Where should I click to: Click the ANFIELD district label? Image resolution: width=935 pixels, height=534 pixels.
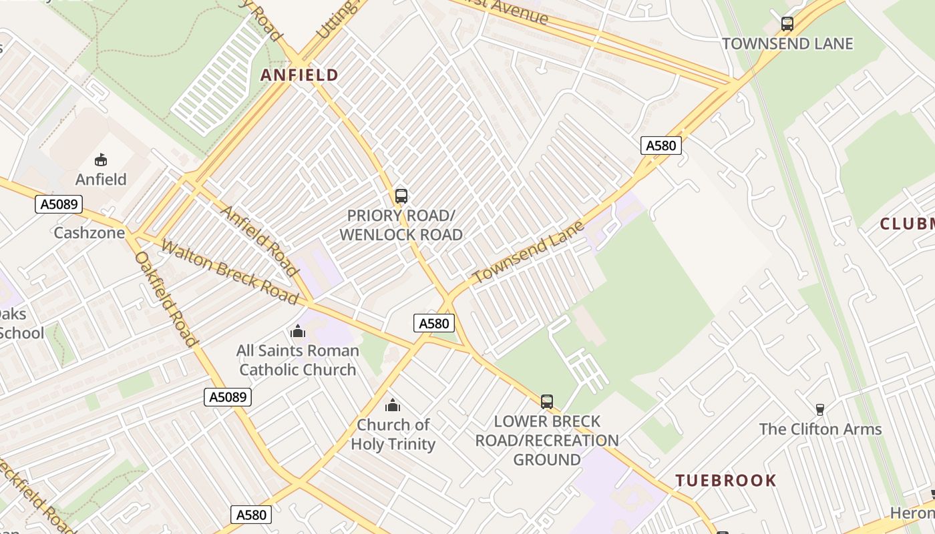coord(299,75)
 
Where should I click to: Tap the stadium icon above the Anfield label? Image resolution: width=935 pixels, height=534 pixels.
coord(101,160)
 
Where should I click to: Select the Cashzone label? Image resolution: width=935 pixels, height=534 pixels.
coord(89,233)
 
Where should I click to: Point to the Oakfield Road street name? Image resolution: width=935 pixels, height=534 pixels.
coord(166,298)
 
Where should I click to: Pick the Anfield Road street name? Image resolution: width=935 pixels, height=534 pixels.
coord(258,240)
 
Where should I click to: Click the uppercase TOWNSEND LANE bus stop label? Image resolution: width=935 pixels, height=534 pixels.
coord(787,44)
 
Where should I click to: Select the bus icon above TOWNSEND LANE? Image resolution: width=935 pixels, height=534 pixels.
coord(787,24)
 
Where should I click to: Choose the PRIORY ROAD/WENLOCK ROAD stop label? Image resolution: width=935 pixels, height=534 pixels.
coord(401,226)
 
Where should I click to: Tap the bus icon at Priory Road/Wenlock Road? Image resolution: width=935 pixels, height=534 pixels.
coord(401,196)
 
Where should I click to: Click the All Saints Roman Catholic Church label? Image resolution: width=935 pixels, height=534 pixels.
coord(298,360)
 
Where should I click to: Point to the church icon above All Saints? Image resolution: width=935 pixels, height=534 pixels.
coord(298,330)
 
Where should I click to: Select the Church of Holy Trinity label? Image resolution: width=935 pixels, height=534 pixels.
coord(393,434)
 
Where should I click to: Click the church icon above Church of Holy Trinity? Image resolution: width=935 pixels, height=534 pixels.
coord(393,405)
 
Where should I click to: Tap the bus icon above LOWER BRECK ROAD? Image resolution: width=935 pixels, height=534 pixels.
coord(547,401)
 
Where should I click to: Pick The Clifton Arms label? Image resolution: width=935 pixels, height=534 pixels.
coord(820,429)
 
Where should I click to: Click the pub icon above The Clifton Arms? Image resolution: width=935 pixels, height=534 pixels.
coord(820,409)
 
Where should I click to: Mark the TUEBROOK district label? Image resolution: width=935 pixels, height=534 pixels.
coord(726,481)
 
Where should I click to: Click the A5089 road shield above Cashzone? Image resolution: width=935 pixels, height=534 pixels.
coord(59,204)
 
